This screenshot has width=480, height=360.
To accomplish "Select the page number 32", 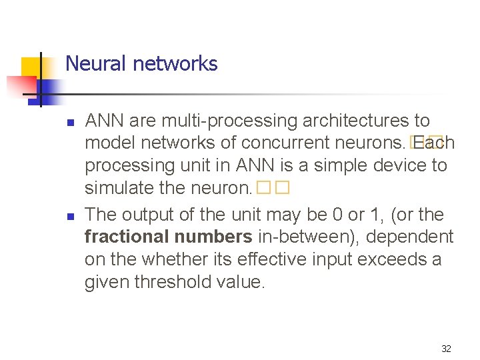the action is pos(446,349).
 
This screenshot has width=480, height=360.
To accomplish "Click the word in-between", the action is pos(304,237).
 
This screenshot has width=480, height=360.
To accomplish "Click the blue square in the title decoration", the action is pos(49,87).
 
